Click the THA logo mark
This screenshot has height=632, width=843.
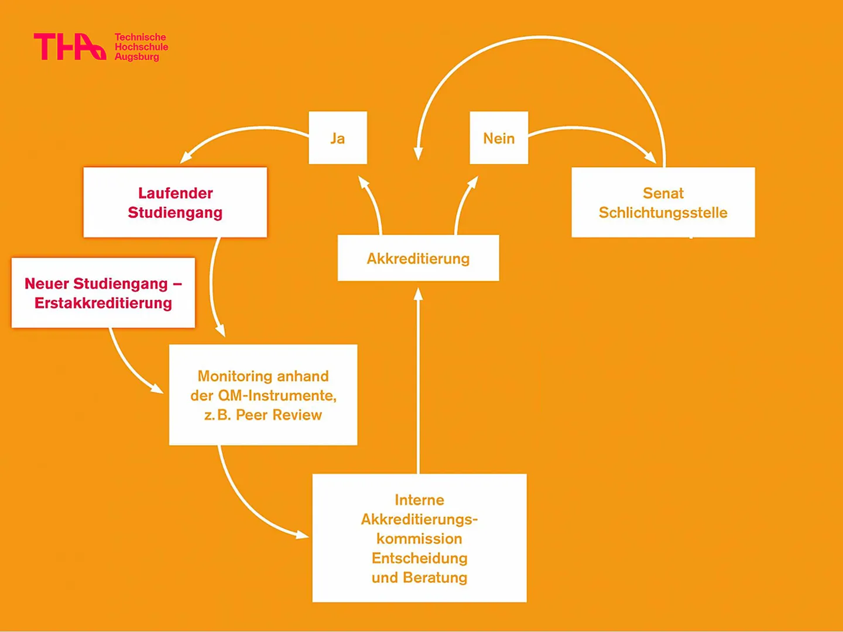70,46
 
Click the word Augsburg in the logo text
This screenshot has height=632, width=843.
137,57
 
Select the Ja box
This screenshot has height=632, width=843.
338,138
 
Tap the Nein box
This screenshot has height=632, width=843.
499,138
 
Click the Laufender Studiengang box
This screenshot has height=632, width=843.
175,202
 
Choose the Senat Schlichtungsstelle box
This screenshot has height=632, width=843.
663,202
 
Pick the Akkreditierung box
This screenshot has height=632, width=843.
418,258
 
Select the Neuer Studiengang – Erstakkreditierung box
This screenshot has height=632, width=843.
103,293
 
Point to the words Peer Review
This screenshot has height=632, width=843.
279,415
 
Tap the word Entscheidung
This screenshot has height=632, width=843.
419,558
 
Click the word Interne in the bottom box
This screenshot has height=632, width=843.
419,500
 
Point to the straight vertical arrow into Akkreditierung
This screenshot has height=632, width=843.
418,380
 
